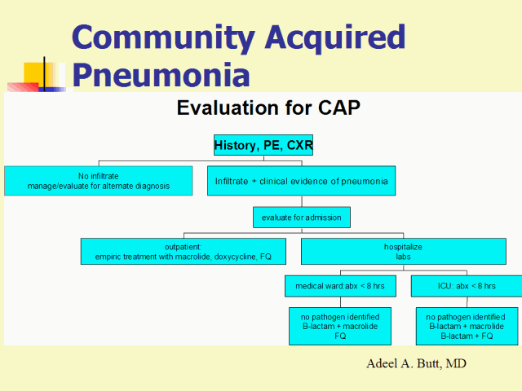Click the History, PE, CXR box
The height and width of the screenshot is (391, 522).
263,146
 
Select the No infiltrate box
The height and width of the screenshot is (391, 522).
98,181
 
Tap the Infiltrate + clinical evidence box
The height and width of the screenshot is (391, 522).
301,181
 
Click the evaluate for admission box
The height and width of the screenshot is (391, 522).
301,217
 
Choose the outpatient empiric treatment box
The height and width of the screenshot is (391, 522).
184,251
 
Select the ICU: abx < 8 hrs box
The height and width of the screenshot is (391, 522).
465,286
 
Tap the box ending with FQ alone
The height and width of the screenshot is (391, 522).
340,326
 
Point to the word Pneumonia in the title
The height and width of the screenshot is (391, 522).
161,75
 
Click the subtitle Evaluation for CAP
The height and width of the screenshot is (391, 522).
268,108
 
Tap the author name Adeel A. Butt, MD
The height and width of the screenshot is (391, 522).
417,363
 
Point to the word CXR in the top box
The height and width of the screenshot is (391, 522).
297,146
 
